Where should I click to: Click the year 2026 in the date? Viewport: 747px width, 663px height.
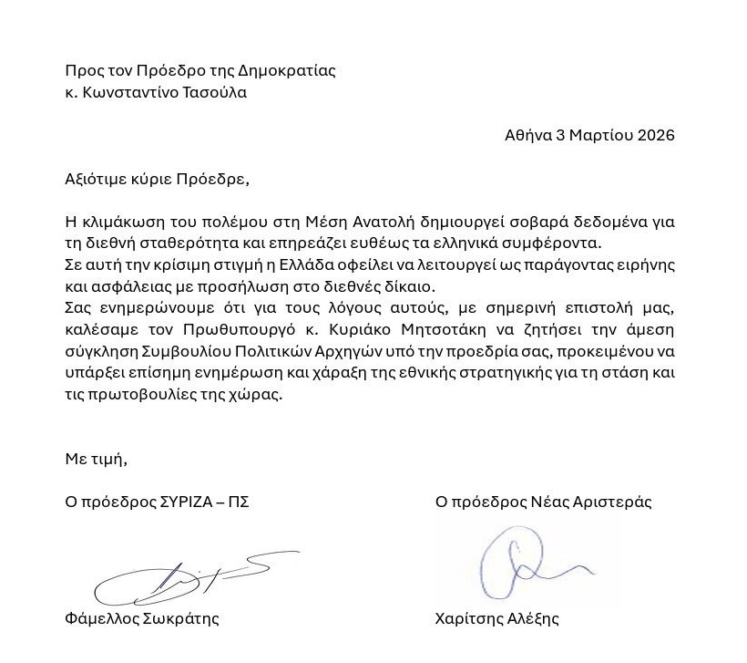656,135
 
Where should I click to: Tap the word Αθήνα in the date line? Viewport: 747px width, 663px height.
527,135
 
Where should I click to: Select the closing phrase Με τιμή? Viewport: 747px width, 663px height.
96,459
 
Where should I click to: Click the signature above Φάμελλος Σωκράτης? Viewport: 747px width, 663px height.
182,578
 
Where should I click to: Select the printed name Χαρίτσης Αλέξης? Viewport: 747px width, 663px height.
496,618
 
